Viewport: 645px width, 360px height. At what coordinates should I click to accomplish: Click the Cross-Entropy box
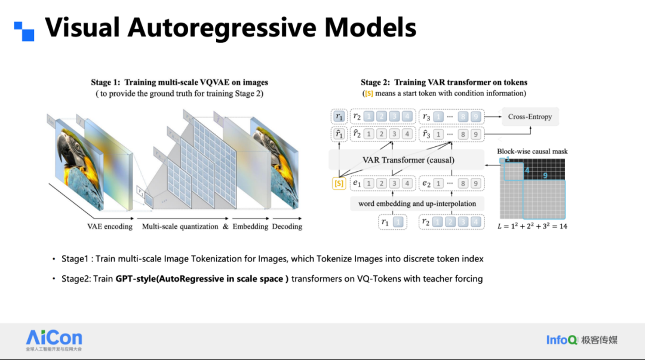[530, 116]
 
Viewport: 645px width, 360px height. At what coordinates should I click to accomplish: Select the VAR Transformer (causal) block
[408, 160]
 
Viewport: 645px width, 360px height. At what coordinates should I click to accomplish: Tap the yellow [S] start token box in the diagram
[339, 183]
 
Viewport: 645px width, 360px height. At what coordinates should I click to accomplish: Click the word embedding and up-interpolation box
[417, 204]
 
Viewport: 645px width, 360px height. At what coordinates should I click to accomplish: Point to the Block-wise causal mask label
[532, 152]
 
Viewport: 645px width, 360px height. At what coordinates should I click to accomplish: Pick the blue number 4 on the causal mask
[527, 170]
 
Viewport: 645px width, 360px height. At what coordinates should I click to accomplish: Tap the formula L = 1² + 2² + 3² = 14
[532, 226]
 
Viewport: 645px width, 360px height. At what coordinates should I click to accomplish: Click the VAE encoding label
[110, 227]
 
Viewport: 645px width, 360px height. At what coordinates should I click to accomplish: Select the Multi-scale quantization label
[181, 227]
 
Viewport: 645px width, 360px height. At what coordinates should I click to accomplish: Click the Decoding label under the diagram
[287, 227]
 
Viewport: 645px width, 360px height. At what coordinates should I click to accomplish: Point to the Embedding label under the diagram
[250, 227]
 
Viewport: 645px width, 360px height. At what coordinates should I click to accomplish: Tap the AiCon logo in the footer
[54, 339]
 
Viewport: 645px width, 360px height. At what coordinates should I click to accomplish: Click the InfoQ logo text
[561, 340]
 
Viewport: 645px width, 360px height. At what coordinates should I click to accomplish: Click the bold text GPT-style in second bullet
[137, 279]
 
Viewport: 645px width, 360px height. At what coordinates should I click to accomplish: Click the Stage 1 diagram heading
[179, 82]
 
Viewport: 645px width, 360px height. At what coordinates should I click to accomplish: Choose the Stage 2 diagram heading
[444, 82]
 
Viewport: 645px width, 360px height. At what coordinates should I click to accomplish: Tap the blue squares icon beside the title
[24, 31]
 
